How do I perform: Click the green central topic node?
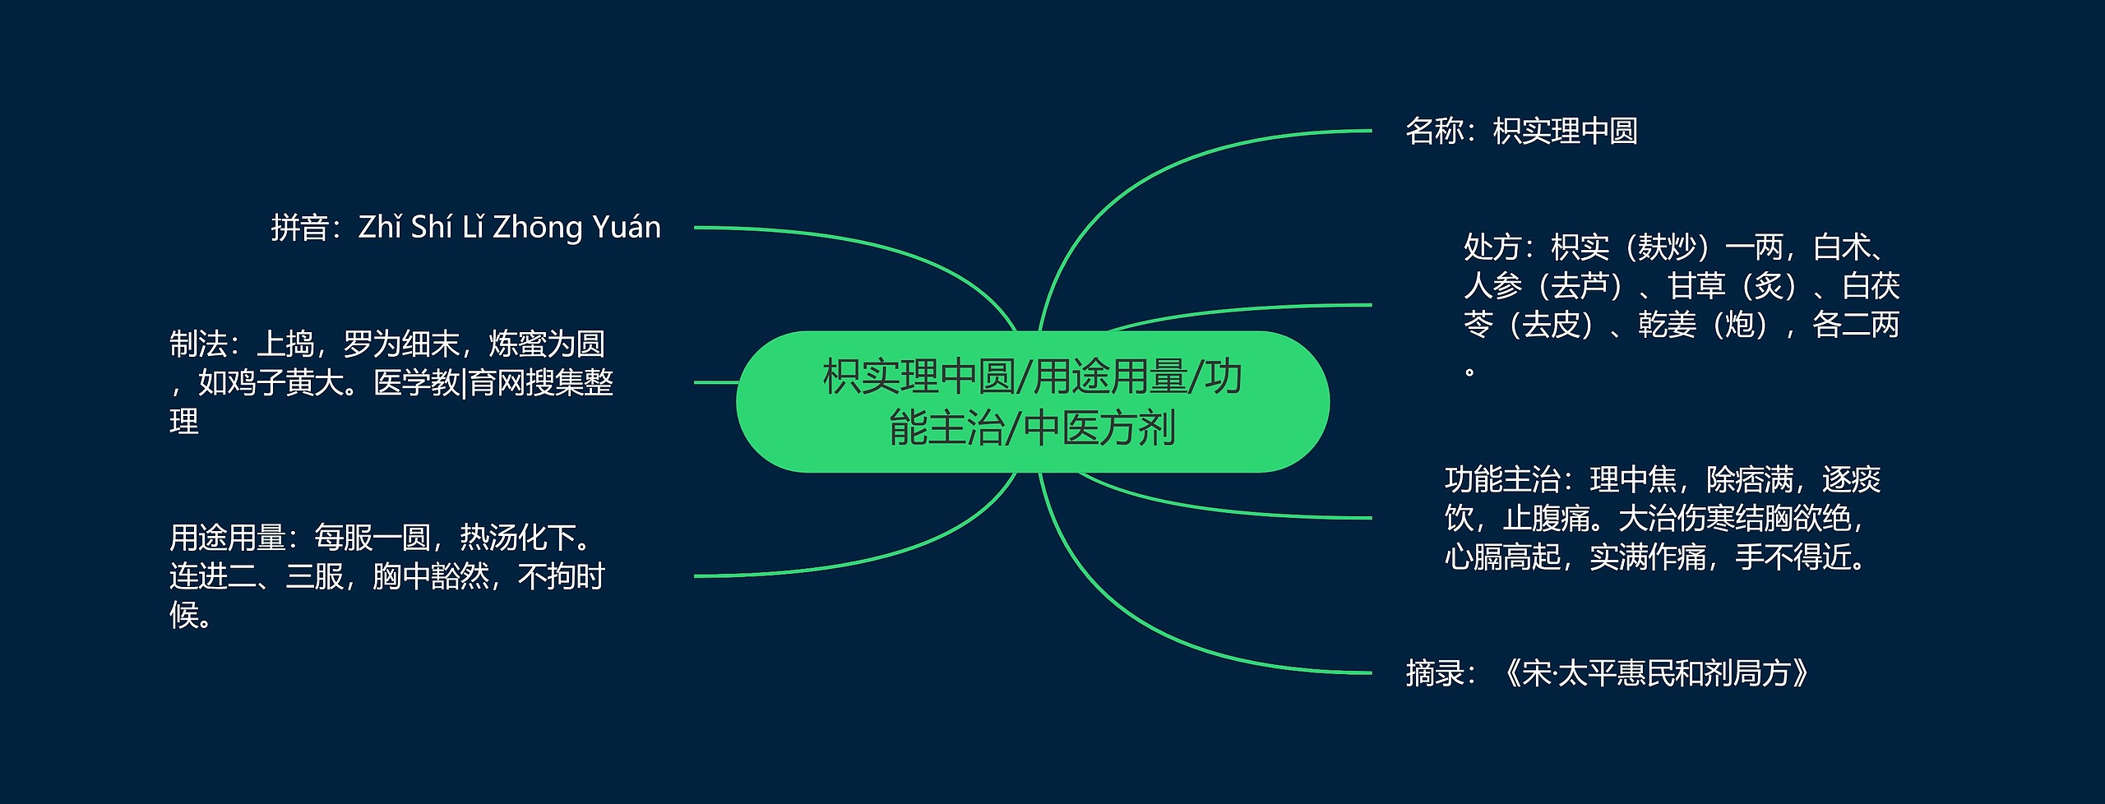click(1032, 402)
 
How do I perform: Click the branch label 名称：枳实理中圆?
click(1521, 132)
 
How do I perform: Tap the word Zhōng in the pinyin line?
click(538, 228)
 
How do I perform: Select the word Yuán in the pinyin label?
click(626, 228)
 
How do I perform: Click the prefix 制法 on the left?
click(198, 344)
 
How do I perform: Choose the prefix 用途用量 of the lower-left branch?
click(227, 538)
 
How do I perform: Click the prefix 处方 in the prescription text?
click(1492, 247)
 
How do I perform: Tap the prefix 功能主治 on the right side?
click(1502, 479)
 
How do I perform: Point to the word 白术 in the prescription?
click(1842, 247)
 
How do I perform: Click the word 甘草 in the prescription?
click(1696, 286)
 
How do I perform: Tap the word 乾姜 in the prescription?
click(1667, 326)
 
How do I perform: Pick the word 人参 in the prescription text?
click(1492, 286)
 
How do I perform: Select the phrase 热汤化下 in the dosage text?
click(517, 538)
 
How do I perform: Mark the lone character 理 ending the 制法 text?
click(184, 422)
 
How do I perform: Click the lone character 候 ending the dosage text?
click(184, 615)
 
